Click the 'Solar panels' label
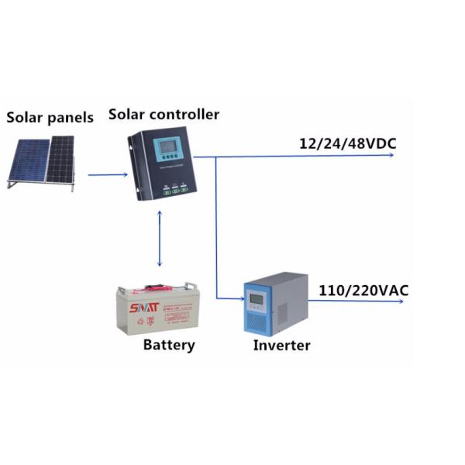50,118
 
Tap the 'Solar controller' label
164,115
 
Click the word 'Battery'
169,344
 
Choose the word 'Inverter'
281,345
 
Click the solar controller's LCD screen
167,147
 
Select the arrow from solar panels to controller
106,174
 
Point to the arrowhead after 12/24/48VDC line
392,156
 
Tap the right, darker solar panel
60,159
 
